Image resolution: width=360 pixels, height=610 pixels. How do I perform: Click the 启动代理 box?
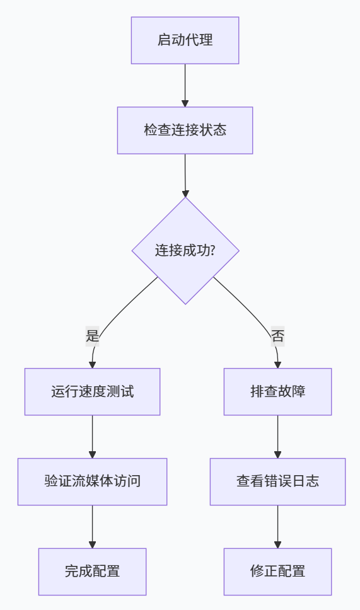coord(185,40)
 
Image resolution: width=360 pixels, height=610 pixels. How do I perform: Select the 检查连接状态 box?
coord(185,130)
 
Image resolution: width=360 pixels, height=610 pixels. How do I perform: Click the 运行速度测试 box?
coord(92,391)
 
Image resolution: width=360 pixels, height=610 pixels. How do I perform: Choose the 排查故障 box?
coord(277,391)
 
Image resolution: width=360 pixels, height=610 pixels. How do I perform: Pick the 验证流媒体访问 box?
coord(92,481)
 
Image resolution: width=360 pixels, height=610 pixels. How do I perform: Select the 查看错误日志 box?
coord(277,481)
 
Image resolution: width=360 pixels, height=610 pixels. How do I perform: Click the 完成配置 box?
coord(92,572)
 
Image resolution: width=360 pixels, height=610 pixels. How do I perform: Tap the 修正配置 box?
coord(277,572)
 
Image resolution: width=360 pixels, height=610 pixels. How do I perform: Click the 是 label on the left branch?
coord(93,336)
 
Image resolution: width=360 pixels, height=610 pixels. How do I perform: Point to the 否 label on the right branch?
coord(277,336)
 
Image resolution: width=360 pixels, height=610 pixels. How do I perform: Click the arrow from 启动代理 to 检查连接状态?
coord(185,85)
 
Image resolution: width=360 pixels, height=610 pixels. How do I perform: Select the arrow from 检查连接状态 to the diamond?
coord(185,175)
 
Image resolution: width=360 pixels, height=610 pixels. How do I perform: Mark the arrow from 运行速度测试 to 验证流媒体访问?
coord(92,436)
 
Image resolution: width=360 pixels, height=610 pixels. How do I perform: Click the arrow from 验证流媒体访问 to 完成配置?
coord(92,526)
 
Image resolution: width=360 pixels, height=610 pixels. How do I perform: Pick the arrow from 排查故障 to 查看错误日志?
coord(277,436)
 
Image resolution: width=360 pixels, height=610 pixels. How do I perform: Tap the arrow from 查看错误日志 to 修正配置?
coord(277,526)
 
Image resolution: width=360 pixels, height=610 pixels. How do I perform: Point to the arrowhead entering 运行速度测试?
coord(92,364)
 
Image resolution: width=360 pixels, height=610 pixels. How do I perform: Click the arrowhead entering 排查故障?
coord(277,364)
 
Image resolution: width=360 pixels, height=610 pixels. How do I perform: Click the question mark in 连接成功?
coord(212,250)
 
